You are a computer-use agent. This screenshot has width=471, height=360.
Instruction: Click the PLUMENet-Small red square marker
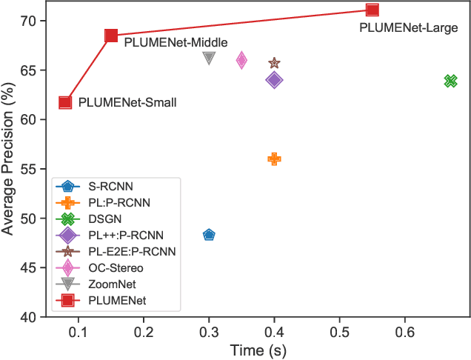click(x=65, y=102)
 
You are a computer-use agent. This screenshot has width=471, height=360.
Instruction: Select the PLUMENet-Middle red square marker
click(x=111, y=36)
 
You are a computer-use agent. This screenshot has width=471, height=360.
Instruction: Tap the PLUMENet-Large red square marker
click(x=372, y=10)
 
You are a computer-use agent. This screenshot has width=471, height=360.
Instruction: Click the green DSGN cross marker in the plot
click(x=450, y=81)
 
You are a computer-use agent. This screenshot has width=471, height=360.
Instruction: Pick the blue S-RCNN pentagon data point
click(x=209, y=235)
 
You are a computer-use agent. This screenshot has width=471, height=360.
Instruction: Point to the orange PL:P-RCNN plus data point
click(x=274, y=159)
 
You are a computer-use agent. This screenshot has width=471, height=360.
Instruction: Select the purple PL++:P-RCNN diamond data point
click(x=274, y=80)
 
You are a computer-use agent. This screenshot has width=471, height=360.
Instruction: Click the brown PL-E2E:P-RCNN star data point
click(x=274, y=64)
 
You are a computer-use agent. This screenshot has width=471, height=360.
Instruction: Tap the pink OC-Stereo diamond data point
click(x=241, y=61)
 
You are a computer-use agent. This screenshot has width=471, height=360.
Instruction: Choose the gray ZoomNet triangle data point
click(x=209, y=58)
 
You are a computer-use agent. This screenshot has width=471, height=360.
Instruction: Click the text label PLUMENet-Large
click(x=408, y=28)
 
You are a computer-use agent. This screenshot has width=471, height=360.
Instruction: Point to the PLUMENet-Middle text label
click(x=176, y=43)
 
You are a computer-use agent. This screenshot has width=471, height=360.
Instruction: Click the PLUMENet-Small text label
click(x=127, y=103)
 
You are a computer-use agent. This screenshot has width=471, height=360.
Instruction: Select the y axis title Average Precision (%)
click(x=10, y=159)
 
